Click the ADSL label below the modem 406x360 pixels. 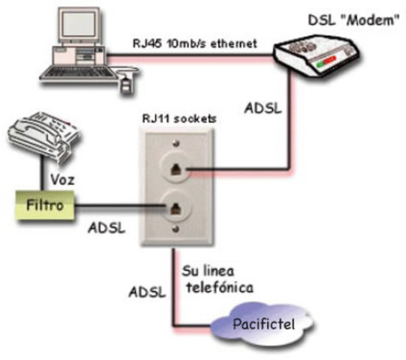click(x=263, y=107)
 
